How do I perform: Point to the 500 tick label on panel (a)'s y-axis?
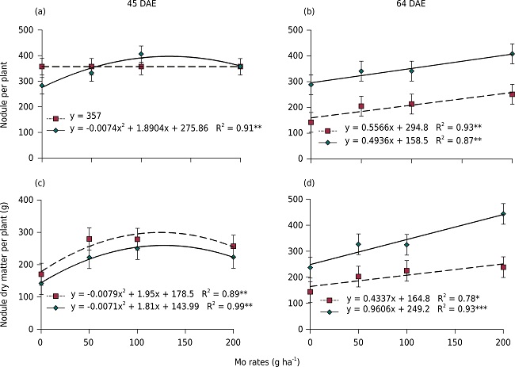[26, 31]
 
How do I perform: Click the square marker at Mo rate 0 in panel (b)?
[310, 122]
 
